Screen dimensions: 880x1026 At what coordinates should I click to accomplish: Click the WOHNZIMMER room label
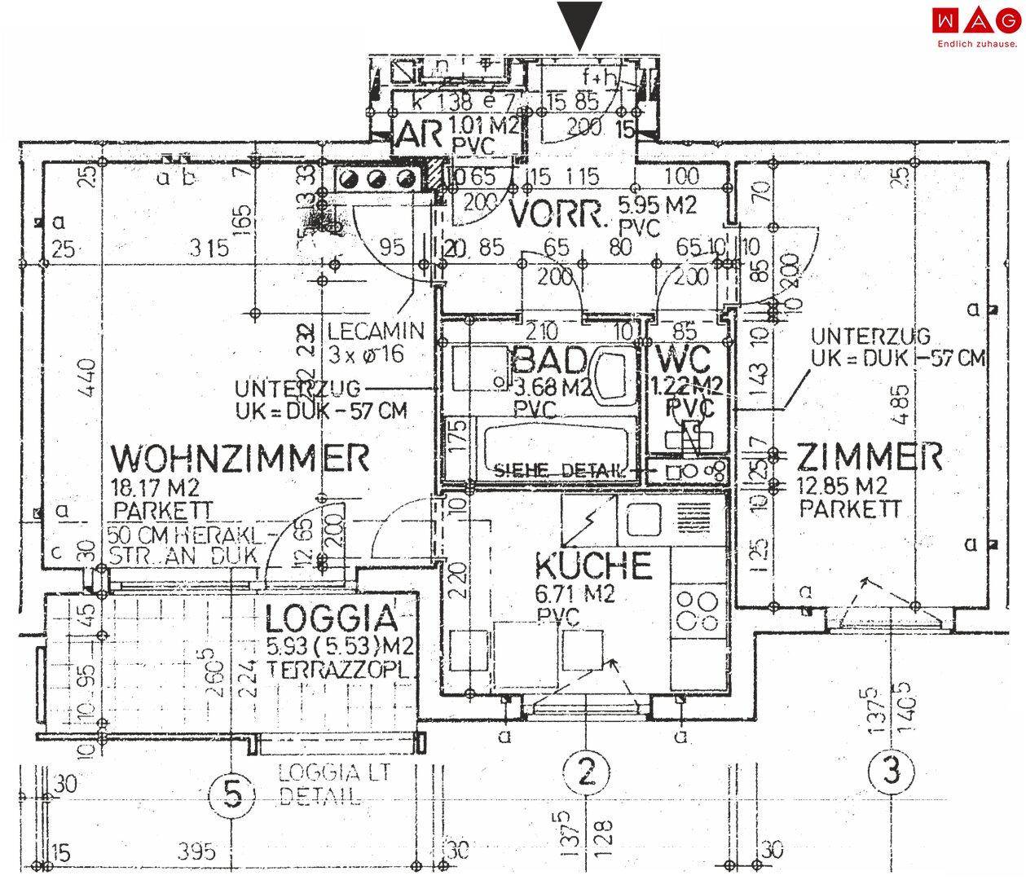(240, 459)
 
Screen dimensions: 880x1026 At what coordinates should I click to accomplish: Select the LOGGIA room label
(332, 619)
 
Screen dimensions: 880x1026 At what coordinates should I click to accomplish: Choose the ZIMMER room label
(870, 457)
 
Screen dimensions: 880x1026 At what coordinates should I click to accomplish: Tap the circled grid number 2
(586, 770)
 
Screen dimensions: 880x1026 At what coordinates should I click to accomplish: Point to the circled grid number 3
(892, 771)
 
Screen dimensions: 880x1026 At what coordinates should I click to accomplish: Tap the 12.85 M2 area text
(842, 486)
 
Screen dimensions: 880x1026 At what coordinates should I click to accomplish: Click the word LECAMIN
(376, 332)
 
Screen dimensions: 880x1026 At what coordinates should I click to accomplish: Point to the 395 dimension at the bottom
(196, 851)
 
